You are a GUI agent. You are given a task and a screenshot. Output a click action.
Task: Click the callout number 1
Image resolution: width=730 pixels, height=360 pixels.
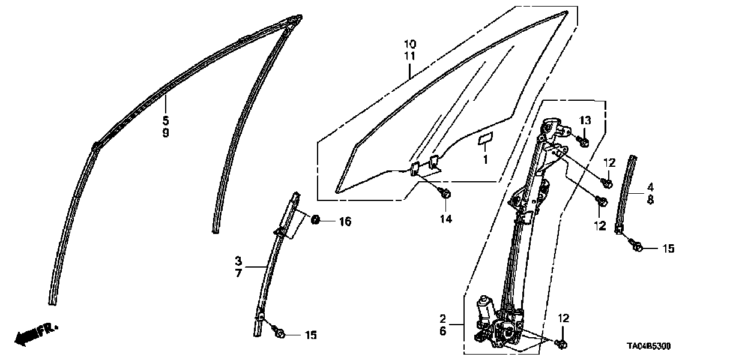click(x=486, y=160)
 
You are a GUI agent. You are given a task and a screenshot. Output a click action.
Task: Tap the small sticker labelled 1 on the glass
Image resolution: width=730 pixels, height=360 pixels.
click(x=484, y=140)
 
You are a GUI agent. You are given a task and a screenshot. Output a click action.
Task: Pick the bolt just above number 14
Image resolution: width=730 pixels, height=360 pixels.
click(x=445, y=194)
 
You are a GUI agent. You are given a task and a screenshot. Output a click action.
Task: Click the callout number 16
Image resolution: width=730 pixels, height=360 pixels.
click(x=344, y=222)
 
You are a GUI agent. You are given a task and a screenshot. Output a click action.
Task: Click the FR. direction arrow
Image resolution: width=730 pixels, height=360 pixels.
click(x=35, y=334)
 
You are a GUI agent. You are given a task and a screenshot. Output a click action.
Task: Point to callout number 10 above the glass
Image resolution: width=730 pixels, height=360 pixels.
click(x=409, y=44)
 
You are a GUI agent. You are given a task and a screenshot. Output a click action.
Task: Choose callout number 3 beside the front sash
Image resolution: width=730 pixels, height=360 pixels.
click(x=238, y=261)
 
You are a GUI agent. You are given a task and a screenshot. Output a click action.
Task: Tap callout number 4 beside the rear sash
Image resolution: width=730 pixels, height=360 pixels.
click(x=650, y=187)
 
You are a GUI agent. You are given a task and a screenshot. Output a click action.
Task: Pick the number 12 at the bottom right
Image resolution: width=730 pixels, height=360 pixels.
click(x=564, y=318)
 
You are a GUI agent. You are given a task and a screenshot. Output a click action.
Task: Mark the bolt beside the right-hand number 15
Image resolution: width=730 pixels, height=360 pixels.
click(x=637, y=246)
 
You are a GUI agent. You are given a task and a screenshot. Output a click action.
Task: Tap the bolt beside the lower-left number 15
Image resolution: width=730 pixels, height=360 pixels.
click(x=279, y=333)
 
